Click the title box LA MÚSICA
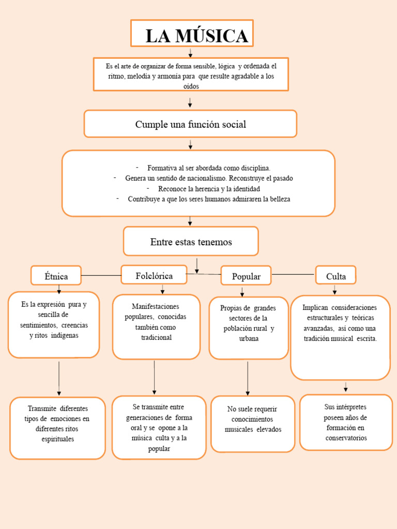pyautogui.click(x=192, y=35)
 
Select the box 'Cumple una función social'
pyautogui.click(x=190, y=124)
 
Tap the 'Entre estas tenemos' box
pyautogui.click(x=191, y=241)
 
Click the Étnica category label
pyautogui.click(x=56, y=276)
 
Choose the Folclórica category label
pyautogui.click(x=154, y=275)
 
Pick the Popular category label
pyautogui.click(x=246, y=276)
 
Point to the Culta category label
pyautogui.click(x=336, y=276)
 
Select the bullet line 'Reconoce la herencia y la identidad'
pyautogui.click(x=209, y=189)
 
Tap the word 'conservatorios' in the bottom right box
pyautogui.click(x=346, y=438)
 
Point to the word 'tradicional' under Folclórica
pyautogui.click(x=156, y=337)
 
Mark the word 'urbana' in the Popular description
pyautogui.click(x=249, y=339)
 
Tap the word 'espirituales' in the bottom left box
pyautogui.click(x=58, y=439)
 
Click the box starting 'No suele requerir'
pyautogui.click(x=253, y=424)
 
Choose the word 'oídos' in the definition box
pyautogui.click(x=191, y=86)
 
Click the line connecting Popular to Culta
pyautogui.click(x=293, y=274)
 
